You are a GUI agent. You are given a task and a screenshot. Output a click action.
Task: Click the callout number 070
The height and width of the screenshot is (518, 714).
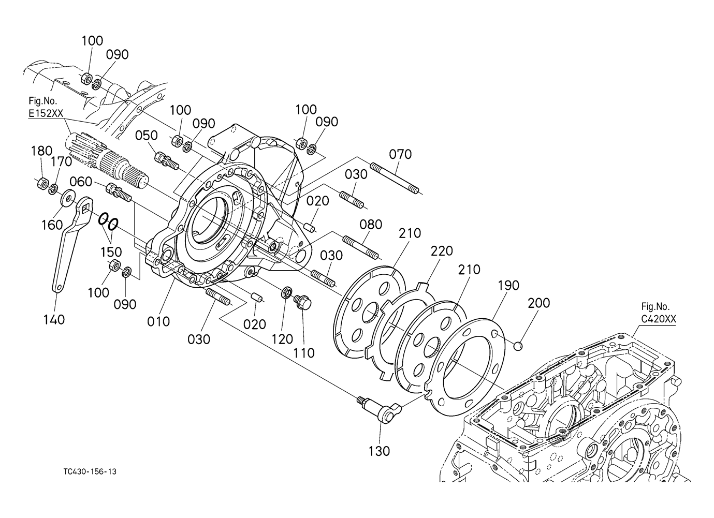(x=400, y=155)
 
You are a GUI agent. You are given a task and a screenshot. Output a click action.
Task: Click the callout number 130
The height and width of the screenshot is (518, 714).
(x=380, y=451)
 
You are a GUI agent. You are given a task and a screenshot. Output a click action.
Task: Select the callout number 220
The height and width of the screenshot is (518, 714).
(x=442, y=251)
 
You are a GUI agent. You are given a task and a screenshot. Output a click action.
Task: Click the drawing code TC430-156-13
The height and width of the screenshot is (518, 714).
(x=90, y=471)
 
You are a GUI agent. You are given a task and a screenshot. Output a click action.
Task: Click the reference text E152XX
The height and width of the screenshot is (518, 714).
(x=46, y=113)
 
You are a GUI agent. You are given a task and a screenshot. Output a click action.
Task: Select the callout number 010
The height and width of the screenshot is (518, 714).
(x=158, y=322)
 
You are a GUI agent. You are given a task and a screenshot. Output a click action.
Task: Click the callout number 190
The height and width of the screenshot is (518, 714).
(x=508, y=286)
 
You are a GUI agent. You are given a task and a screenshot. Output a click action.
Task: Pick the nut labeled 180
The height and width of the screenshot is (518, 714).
(x=42, y=184)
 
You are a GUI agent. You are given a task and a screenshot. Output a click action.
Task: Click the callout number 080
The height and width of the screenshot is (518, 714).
(x=371, y=225)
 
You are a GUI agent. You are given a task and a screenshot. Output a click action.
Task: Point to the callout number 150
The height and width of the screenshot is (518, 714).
(x=111, y=252)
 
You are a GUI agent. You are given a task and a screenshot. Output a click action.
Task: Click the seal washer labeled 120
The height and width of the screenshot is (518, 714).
(x=287, y=292)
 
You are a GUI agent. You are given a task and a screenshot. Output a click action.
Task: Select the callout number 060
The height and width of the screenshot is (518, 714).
(x=81, y=182)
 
